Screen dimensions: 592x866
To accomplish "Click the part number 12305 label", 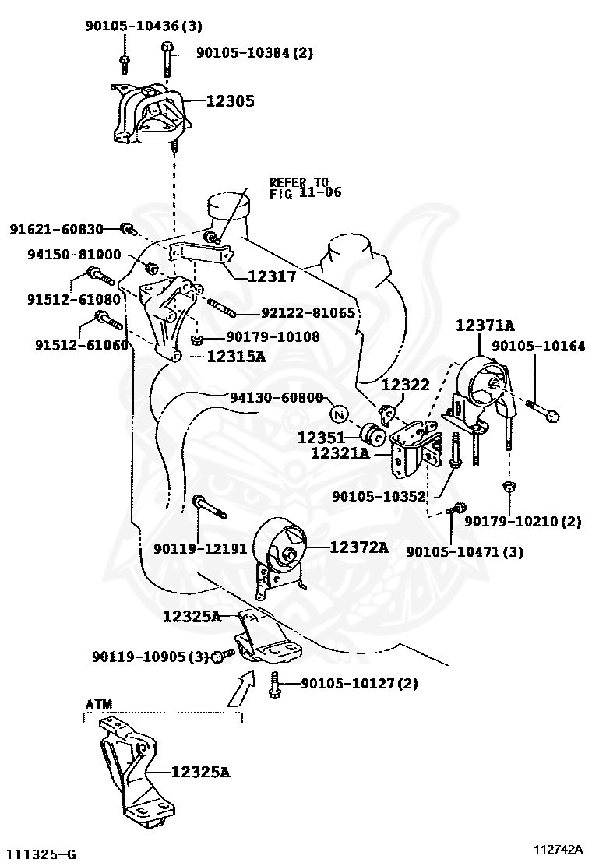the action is pyautogui.click(x=230, y=100).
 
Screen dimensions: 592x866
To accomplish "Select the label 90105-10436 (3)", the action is pyautogui.click(x=143, y=26).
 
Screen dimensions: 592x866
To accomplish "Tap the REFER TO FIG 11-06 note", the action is pyautogui.click(x=305, y=187).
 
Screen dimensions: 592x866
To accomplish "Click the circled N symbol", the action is pyautogui.click(x=339, y=412).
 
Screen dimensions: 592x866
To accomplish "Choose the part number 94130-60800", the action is pyautogui.click(x=276, y=397).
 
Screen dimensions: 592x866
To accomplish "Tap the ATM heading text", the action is pyautogui.click(x=98, y=704).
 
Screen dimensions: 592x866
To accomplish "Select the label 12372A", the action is pyautogui.click(x=358, y=547).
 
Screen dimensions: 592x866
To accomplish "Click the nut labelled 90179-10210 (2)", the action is pyautogui.click(x=508, y=487).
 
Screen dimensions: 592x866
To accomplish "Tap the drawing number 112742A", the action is pyautogui.click(x=559, y=848).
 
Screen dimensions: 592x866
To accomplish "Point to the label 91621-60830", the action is pyautogui.click(x=56, y=229).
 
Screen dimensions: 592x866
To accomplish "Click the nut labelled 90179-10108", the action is pyautogui.click(x=197, y=339).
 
